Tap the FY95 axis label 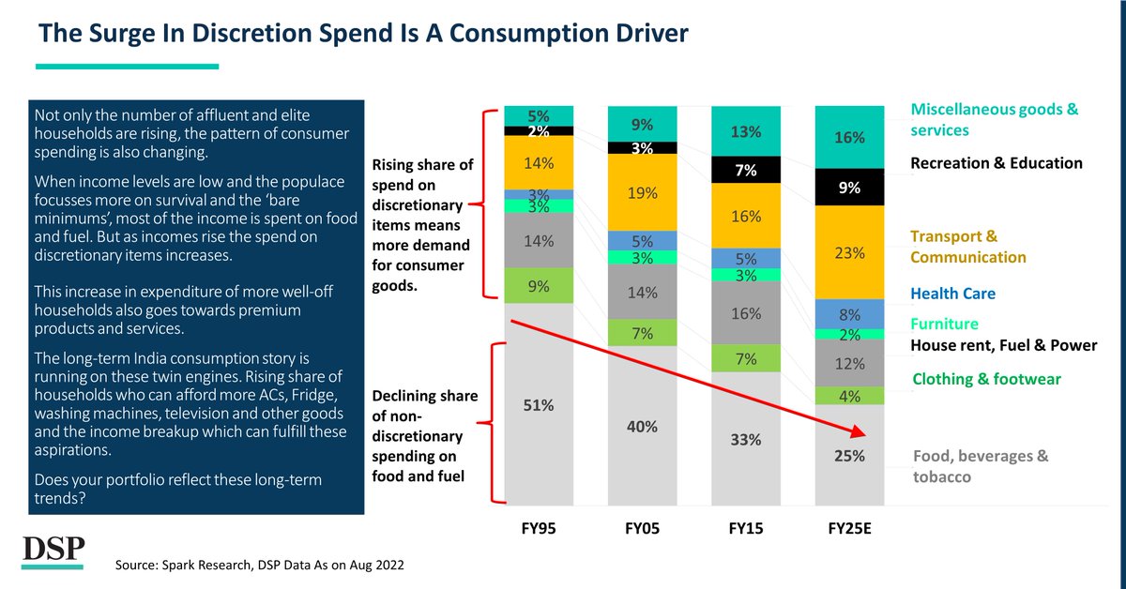[538, 529]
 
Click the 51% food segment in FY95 [539, 405]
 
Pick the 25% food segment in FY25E [848, 457]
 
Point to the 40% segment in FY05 [642, 427]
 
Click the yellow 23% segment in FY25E [848, 253]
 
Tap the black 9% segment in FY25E [848, 188]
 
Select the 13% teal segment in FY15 [745, 131]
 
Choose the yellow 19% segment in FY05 [642, 193]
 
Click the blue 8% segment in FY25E [848, 314]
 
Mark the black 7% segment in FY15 [745, 170]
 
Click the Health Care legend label [952, 294]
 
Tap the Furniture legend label [944, 324]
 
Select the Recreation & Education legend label [997, 163]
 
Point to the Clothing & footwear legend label [986, 379]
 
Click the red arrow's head [856, 432]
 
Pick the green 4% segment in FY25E [848, 396]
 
